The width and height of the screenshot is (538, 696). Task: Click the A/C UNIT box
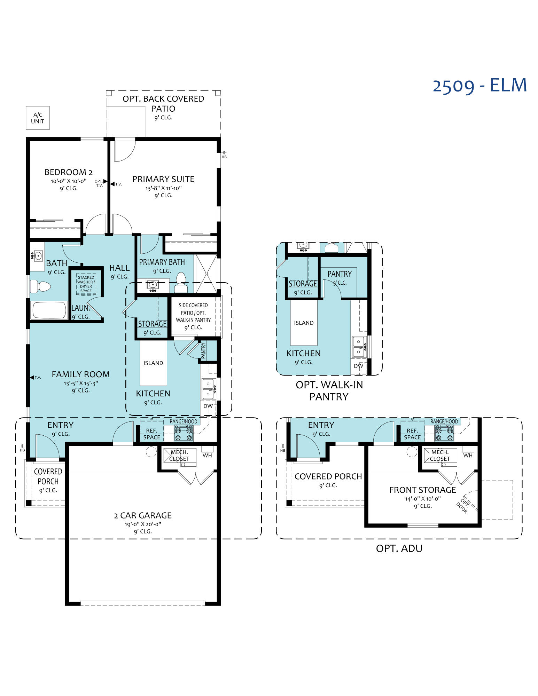38,118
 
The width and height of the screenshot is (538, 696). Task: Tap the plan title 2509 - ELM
479,85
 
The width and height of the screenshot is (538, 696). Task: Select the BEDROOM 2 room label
69,172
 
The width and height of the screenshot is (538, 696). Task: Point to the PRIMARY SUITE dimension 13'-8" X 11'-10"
164,188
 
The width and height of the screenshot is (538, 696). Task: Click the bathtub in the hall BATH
49,310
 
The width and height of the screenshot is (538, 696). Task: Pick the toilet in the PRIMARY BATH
181,282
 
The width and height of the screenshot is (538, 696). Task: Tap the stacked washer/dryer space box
86,284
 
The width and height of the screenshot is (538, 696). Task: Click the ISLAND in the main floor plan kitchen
153,363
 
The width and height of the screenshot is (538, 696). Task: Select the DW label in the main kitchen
208,406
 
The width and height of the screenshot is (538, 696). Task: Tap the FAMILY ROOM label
81,374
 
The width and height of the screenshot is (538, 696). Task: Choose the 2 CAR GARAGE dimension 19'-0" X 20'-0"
143,524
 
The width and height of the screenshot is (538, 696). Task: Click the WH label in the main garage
207,455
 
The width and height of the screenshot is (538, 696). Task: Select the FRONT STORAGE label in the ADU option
422,490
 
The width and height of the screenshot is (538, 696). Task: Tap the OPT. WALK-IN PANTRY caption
329,390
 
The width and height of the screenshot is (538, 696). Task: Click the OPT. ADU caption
399,548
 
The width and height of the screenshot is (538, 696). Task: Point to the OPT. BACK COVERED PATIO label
163,103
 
